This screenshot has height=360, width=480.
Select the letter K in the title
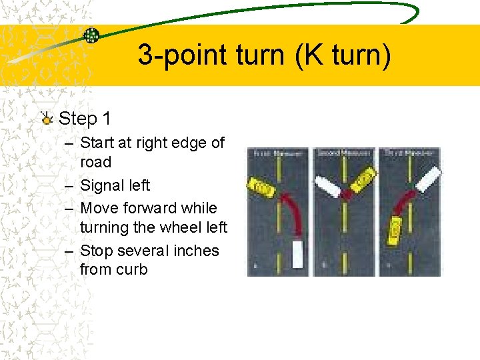(x=305, y=55)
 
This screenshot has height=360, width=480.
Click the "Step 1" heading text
(x=85, y=119)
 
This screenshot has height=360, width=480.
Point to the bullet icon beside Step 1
(x=46, y=119)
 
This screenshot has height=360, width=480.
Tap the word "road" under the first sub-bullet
(x=95, y=162)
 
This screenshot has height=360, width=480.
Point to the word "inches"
(x=195, y=251)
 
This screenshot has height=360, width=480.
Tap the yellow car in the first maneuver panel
(x=263, y=186)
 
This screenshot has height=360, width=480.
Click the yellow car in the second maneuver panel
(x=363, y=179)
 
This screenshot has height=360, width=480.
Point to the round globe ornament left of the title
(x=91, y=35)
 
